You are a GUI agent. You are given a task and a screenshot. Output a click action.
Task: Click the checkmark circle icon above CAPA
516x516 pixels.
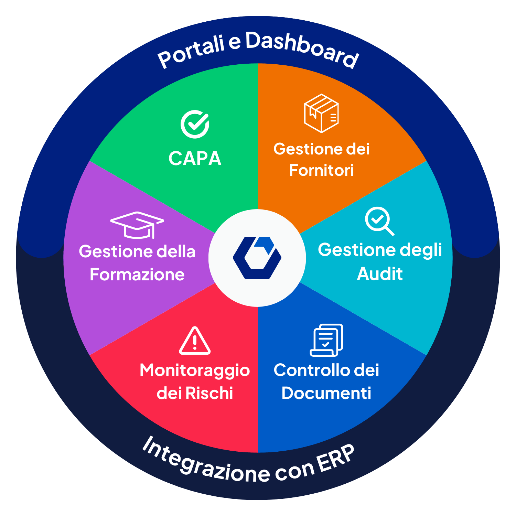[x=195, y=125]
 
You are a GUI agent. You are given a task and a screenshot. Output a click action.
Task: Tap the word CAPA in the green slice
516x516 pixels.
[x=195, y=159]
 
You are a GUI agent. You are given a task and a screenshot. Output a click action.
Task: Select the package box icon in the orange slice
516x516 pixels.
[x=321, y=113]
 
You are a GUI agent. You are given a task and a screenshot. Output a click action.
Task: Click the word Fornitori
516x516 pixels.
[x=321, y=170]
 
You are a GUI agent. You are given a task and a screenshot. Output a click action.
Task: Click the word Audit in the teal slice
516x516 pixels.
[x=380, y=274]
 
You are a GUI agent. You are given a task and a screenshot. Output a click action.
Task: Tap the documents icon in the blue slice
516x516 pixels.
[x=326, y=340]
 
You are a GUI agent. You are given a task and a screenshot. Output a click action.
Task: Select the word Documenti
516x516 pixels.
[x=326, y=393]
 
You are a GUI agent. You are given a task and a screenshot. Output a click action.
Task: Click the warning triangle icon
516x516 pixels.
[x=195, y=341]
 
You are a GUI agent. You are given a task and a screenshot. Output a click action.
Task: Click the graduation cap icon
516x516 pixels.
[x=137, y=225]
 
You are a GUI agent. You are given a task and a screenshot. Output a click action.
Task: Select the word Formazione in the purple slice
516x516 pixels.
[x=137, y=275]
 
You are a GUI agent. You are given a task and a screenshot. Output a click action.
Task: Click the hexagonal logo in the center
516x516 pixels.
[x=257, y=258]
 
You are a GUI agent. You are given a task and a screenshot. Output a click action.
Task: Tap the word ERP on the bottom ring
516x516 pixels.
[x=335, y=459]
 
